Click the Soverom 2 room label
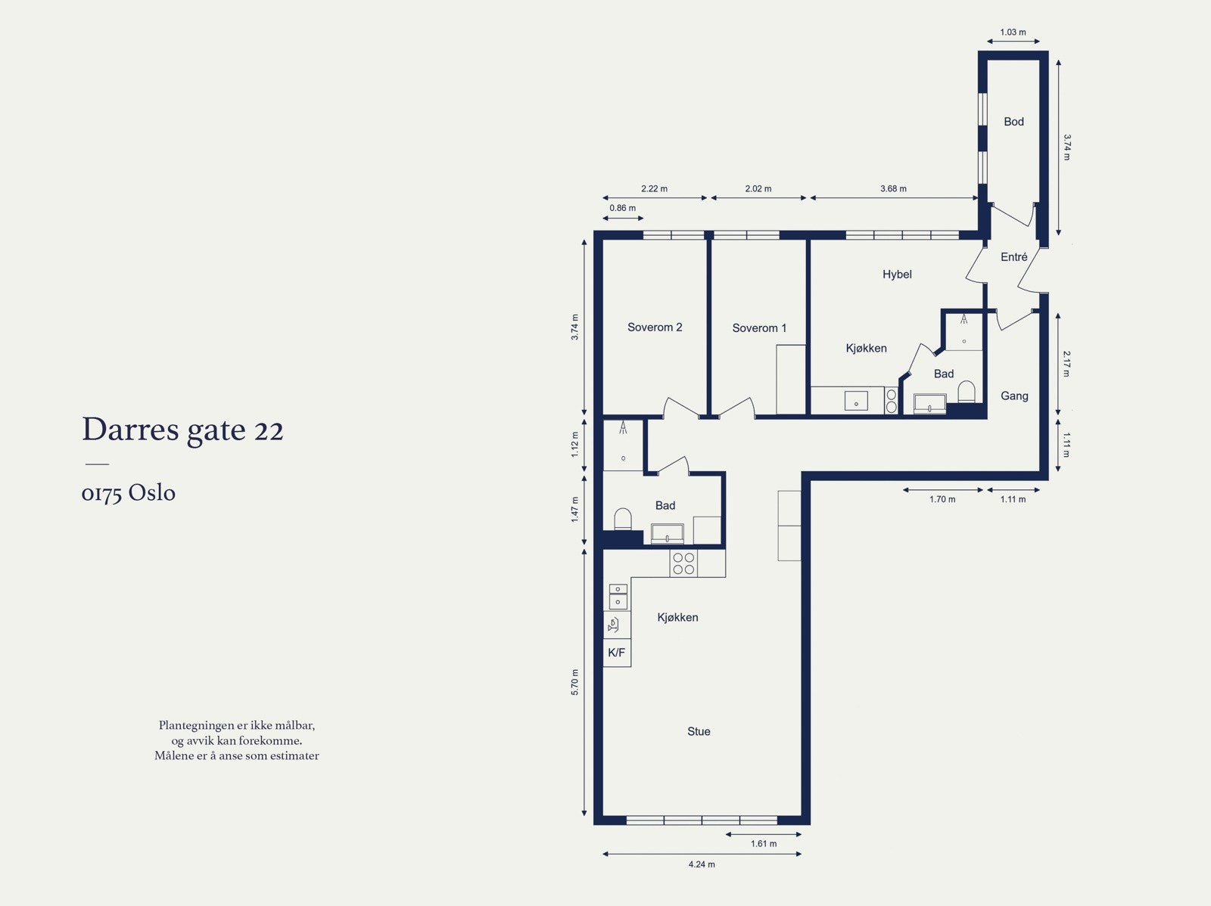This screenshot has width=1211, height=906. click(655, 327)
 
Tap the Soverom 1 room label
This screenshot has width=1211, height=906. click(759, 328)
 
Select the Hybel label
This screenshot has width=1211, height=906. click(897, 275)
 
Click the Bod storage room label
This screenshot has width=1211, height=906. click(1013, 122)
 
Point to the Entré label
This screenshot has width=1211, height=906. click(1013, 257)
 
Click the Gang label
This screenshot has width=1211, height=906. click(1014, 396)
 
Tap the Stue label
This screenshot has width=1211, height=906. click(699, 731)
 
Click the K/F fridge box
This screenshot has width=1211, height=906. click(617, 653)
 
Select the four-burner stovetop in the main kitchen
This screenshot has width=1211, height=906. click(683, 563)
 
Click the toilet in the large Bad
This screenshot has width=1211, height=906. click(622, 519)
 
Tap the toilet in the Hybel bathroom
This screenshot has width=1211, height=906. click(966, 391)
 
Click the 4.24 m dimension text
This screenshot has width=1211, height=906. click(702, 864)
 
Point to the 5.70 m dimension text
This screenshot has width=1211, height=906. click(575, 682)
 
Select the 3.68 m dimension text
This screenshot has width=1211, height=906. click(893, 188)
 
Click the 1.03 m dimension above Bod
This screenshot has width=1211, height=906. click(1013, 33)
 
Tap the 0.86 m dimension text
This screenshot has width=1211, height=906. click(622, 208)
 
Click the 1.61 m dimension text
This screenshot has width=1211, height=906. click(764, 844)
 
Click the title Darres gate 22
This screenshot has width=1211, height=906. click(182, 430)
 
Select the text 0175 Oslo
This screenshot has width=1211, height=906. click(129, 493)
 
